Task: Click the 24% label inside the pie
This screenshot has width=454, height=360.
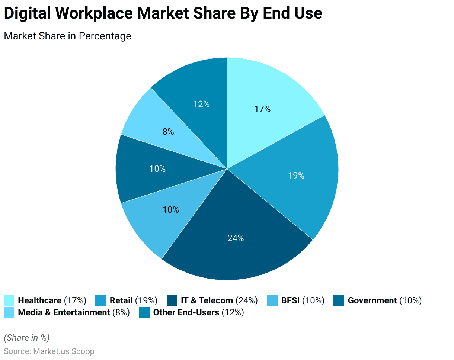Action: pos(236,238)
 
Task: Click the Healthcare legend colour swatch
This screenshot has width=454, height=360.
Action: pos(9,300)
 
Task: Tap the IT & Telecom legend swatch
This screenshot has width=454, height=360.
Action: pos(172,300)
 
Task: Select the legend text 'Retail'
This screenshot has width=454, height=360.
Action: pos(121,300)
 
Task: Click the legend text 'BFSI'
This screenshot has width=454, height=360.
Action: pos(290,300)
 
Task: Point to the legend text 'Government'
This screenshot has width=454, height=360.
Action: pos(372,300)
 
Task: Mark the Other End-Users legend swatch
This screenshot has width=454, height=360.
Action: pos(144,312)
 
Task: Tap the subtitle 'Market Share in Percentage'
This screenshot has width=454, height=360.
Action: pos(67,36)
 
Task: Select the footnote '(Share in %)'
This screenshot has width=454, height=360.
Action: pos(26,338)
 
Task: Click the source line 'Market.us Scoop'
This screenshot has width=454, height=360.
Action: pos(64,351)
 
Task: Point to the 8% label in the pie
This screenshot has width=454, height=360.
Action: pos(168,132)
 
